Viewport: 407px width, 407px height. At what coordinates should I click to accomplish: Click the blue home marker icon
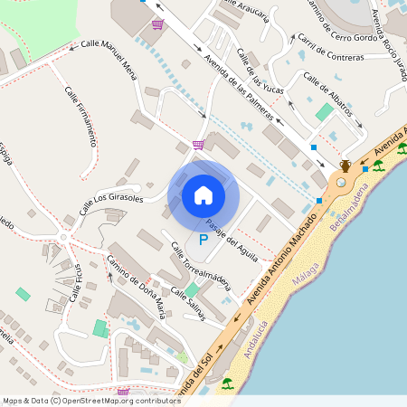[203, 195]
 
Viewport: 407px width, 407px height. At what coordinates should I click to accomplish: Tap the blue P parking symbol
[203, 241]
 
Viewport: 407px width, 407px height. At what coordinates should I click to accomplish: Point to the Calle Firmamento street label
[81, 116]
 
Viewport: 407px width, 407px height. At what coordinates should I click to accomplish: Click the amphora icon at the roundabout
[345, 166]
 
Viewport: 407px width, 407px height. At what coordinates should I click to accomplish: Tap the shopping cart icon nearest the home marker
[197, 144]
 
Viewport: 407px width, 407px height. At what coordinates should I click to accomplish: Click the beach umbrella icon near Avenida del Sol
[226, 383]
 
